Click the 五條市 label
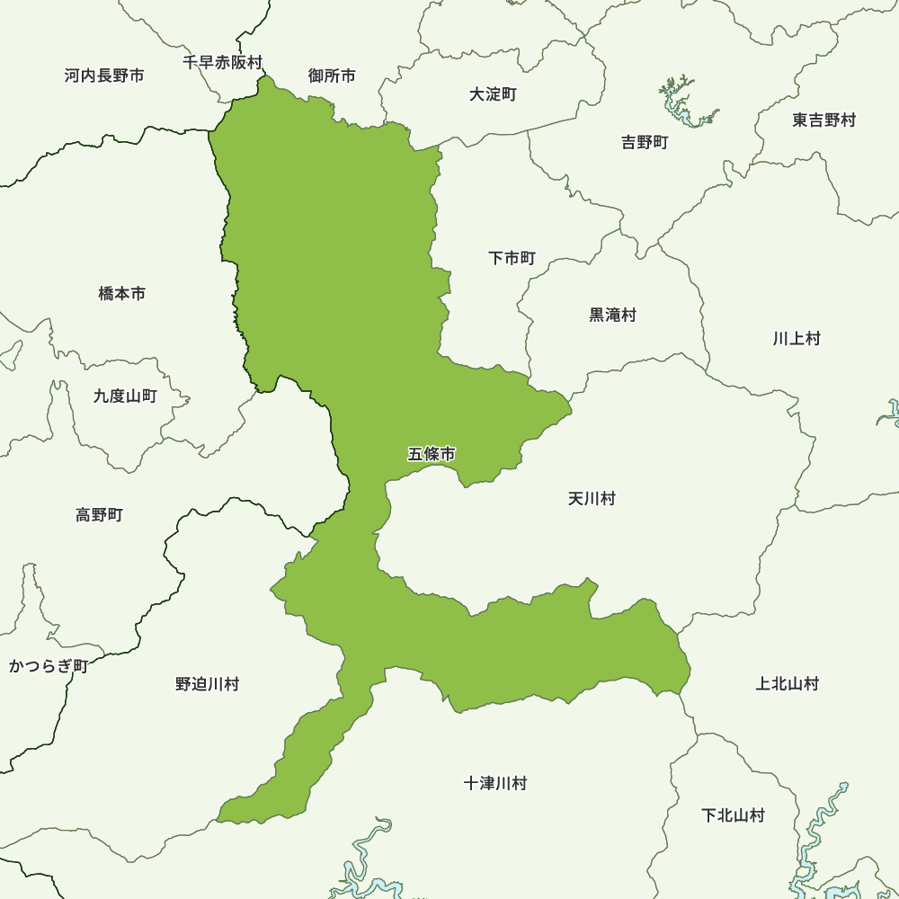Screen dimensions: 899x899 [x=432, y=455]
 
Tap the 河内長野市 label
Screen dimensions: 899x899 [x=104, y=76]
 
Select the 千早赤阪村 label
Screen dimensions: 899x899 [x=222, y=63]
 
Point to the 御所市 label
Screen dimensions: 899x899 [x=332, y=76]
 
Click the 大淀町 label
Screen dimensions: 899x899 [x=493, y=94]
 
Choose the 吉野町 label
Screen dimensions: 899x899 [x=645, y=143]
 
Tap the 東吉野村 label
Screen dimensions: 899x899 [x=824, y=120]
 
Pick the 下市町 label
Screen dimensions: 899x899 [x=512, y=259]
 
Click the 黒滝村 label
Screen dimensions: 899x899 [x=612, y=316]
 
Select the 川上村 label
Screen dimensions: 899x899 [x=797, y=339]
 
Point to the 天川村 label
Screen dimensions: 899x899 [x=592, y=499]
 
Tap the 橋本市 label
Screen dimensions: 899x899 [x=121, y=294]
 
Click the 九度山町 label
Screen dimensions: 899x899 [x=125, y=396]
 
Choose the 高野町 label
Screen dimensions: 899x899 [x=99, y=515]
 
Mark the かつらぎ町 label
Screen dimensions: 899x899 [x=48, y=666]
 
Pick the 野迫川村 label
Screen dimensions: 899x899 [x=207, y=685]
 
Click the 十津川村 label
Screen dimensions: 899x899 [x=495, y=784]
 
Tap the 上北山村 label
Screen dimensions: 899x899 [x=788, y=684]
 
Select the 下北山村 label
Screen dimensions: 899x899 [x=733, y=816]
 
